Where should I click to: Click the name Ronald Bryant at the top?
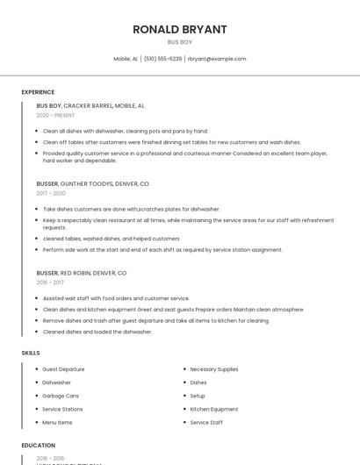(x=179, y=29)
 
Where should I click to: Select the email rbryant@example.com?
(x=217, y=59)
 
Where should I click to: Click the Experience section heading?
(x=38, y=92)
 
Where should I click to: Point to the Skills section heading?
(x=31, y=353)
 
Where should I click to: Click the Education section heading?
(x=38, y=445)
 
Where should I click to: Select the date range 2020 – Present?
(x=55, y=115)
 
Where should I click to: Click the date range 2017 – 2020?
(x=51, y=193)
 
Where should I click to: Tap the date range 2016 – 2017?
(x=50, y=283)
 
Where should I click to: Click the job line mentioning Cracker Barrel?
(x=90, y=105)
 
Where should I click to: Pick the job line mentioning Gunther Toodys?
(x=92, y=184)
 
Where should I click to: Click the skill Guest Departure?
(x=63, y=369)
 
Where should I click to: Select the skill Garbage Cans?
(x=61, y=396)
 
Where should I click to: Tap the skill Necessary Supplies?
(x=213, y=369)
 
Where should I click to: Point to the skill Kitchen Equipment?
(x=213, y=409)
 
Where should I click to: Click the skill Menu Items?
(x=58, y=422)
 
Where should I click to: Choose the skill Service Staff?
(x=206, y=422)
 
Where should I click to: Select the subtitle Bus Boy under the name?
(x=179, y=41)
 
